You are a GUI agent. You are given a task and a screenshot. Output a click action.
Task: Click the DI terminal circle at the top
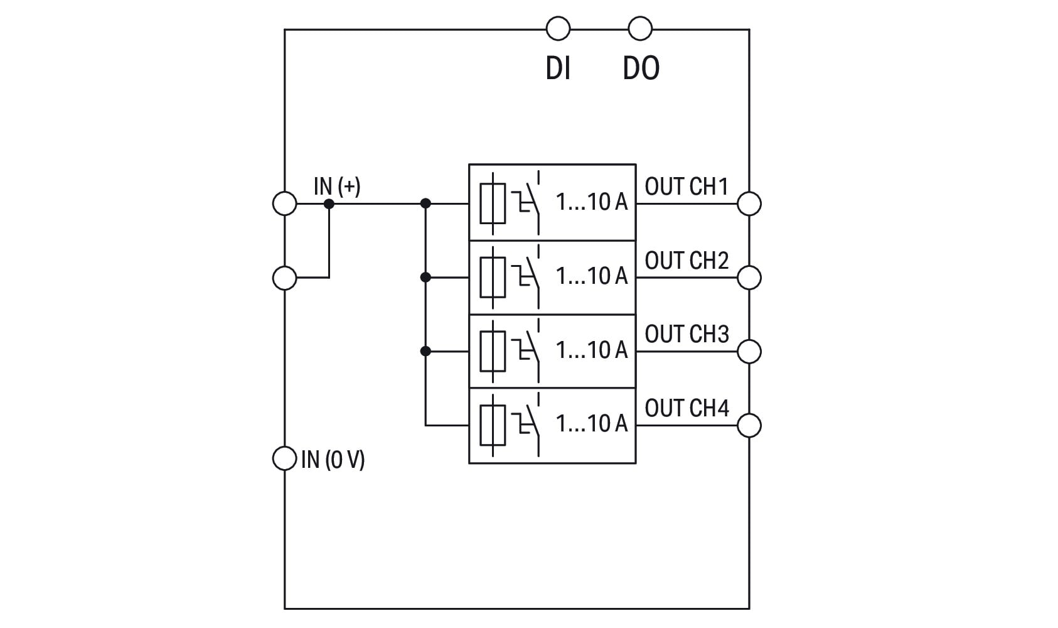[558, 29]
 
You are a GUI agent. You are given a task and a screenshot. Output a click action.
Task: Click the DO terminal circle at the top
[639, 29]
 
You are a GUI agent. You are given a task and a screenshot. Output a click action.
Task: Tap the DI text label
[558, 68]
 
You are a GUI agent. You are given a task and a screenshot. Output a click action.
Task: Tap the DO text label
[641, 68]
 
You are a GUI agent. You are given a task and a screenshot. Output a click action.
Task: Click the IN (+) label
[337, 187]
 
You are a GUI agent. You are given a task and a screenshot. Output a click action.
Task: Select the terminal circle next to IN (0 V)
[284, 458]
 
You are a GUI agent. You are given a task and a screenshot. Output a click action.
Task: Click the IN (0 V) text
[333, 460]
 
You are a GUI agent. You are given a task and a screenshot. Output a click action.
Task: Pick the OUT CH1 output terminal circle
[749, 203]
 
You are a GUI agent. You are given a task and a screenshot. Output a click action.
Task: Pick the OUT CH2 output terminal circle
[749, 277]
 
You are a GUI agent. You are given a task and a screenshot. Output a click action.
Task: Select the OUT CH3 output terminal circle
[749, 351]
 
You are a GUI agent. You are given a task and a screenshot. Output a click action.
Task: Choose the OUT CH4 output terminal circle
[749, 425]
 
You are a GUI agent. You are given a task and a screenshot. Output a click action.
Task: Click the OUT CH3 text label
[687, 334]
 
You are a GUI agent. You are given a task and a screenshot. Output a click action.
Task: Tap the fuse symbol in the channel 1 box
[493, 203]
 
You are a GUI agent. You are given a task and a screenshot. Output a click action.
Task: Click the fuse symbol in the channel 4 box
[493, 425]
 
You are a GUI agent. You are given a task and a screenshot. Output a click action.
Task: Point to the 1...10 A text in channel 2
[591, 276]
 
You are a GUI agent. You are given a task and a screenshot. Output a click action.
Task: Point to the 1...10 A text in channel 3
[591, 350]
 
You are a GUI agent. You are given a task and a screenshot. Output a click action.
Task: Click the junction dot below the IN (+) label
[329, 203]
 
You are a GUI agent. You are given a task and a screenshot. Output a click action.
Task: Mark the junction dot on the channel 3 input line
[425, 351]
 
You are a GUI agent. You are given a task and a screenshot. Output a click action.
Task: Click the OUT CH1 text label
[687, 187]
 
